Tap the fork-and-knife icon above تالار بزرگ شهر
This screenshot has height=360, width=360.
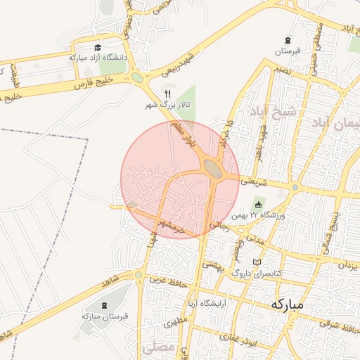click(167, 93)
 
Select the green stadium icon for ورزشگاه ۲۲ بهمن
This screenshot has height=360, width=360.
click(258, 205)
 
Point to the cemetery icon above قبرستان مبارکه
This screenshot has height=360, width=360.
click(105, 305)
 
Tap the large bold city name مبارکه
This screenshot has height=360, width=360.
click(287, 304)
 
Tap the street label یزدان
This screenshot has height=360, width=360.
click(348, 266)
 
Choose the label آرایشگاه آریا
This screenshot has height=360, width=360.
click(206, 304)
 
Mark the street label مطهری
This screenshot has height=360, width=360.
click(176, 324)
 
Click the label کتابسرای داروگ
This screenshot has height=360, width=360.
click(257, 272)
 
